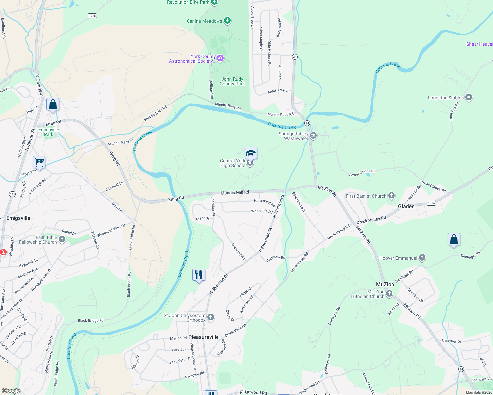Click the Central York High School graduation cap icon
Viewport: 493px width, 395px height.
(251, 153)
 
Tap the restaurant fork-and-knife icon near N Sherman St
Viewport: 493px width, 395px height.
(199, 275)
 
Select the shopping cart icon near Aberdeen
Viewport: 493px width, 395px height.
(39, 162)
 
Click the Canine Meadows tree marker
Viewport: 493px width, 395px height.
(227, 21)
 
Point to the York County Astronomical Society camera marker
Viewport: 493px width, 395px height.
(220, 58)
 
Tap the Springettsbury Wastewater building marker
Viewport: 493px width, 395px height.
(313, 136)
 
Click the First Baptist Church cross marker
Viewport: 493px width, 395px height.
(391, 196)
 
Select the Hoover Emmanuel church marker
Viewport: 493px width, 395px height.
(422, 258)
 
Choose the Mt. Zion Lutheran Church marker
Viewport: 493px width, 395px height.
(389, 294)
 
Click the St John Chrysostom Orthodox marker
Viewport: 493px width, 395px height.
(211, 317)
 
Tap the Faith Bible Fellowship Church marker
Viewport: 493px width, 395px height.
(62, 239)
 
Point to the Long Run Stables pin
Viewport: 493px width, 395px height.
(469, 97)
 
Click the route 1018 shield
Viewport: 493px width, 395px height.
(92, 16)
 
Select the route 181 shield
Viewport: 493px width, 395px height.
(12, 194)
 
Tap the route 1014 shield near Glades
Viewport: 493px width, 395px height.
(431, 203)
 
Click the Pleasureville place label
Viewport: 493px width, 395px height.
(203, 337)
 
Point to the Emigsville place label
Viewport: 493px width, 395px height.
(18, 218)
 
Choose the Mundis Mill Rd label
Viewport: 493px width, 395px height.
(235, 192)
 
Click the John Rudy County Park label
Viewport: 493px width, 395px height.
(232, 81)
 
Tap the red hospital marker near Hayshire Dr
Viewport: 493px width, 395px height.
(3, 252)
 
